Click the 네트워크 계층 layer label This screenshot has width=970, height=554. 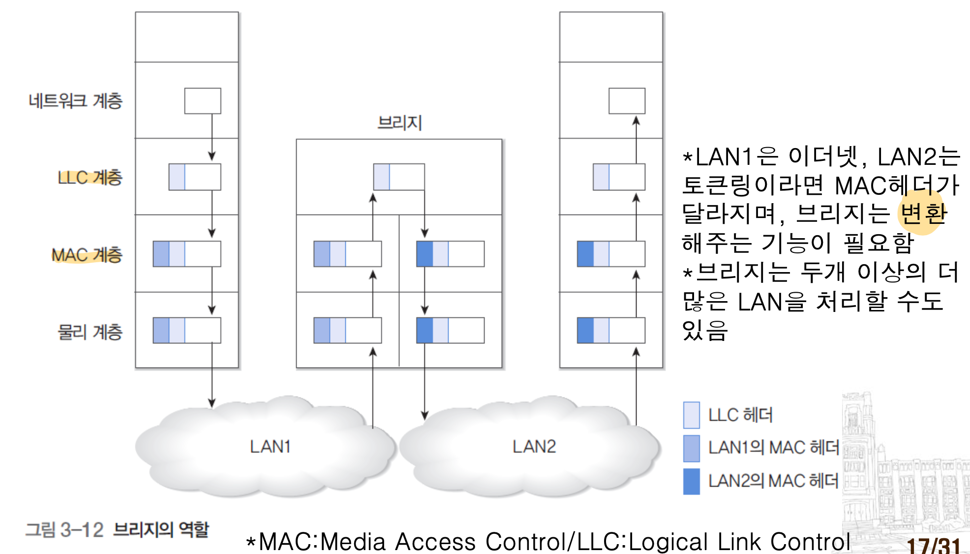tap(75, 101)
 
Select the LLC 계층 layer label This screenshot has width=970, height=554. tap(90, 177)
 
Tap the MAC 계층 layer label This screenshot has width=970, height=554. tap(87, 255)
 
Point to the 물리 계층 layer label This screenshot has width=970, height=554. tap(90, 332)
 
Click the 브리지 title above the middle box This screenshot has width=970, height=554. tap(399, 123)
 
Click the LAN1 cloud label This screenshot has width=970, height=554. tap(270, 447)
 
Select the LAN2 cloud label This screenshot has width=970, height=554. tap(534, 447)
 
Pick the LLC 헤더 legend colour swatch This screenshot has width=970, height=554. tap(691, 415)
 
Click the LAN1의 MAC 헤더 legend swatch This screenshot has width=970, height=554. tap(691, 448)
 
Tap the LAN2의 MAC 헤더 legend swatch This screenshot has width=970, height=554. tap(691, 481)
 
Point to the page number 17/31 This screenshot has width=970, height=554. tap(933, 545)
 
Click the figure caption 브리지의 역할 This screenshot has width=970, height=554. tap(161, 529)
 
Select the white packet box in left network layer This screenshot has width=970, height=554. tap(203, 101)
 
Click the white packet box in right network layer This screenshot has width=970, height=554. tap(627, 101)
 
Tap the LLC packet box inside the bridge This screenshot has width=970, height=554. tap(399, 177)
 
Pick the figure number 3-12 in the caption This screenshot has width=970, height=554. tap(82, 530)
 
